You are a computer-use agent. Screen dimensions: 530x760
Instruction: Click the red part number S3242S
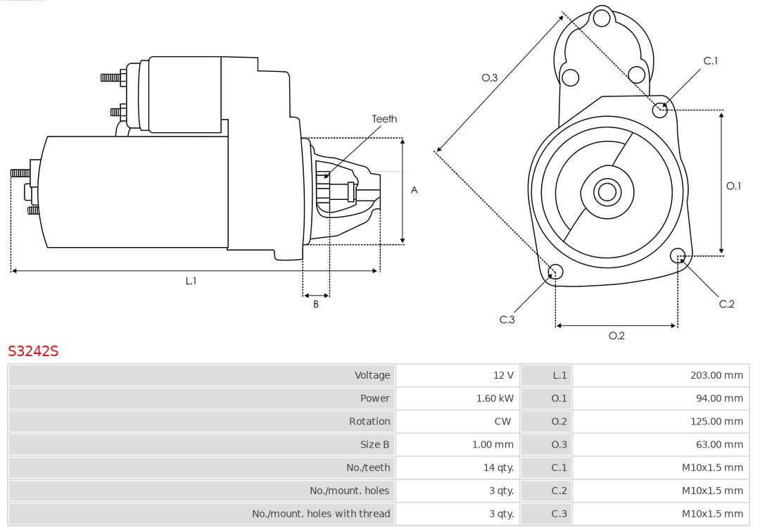point(33,351)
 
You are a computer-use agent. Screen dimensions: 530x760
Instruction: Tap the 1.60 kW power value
point(495,398)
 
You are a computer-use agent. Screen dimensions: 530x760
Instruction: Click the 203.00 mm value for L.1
point(716,375)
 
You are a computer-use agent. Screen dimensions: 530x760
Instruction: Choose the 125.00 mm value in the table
point(716,422)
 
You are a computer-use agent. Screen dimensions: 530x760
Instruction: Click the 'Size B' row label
point(374,444)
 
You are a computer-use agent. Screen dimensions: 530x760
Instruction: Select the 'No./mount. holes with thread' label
point(321,514)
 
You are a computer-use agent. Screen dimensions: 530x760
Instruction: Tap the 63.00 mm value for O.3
point(718,444)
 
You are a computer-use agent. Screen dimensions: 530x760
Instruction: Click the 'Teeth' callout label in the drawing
point(384,119)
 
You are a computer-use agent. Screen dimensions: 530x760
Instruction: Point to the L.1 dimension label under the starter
point(191,281)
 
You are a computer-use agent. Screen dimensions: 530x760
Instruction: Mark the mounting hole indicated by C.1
point(660,110)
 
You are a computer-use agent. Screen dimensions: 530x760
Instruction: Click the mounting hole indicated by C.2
point(678,255)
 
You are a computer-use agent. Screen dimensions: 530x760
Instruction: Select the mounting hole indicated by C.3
point(555,272)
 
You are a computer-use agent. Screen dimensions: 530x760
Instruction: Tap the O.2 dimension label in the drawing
point(616,336)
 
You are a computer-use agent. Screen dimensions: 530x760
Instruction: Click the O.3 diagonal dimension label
point(489,77)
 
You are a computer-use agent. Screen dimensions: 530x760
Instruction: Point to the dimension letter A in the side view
point(414,190)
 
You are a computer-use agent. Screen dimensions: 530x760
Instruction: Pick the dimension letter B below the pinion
point(316,305)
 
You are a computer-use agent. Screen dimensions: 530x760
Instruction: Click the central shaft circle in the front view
point(606,191)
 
